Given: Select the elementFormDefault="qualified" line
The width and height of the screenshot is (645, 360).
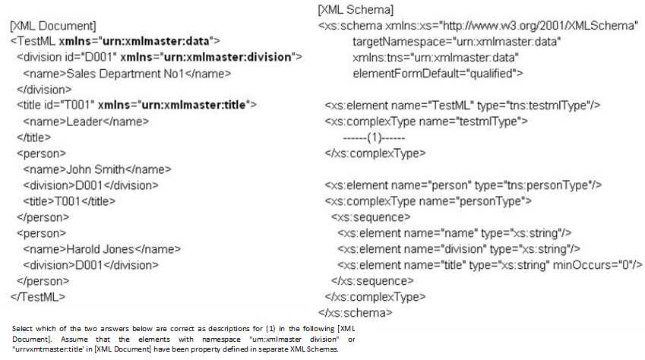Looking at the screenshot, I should pos(438,73).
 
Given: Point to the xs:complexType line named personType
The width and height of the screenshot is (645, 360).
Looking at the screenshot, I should pos(428,201).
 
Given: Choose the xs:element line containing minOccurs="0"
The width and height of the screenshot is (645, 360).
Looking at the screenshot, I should pos(491,264).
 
